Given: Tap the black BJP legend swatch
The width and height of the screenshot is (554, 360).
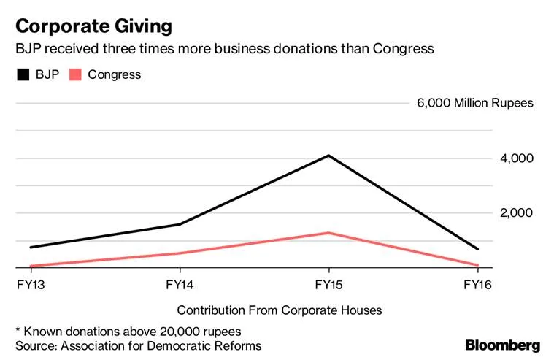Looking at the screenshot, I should coord(23,74).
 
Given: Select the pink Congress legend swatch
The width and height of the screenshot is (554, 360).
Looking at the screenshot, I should coord(76,74).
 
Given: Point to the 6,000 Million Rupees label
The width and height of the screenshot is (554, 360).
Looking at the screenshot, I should coord(475,103).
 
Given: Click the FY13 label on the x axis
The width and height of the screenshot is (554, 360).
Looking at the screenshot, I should coord(28,283).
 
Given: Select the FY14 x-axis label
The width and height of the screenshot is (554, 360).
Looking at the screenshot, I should coord(180,283).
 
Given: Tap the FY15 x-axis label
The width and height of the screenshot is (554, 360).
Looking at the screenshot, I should coord(328,283).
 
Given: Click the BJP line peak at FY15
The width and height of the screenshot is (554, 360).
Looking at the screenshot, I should coord(329,156).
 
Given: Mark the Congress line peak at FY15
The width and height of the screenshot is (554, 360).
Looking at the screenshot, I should coord(329,233).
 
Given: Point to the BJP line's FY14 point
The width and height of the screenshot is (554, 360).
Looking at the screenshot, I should coord(180,224).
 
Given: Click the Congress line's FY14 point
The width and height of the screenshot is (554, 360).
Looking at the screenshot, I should coord(180,253).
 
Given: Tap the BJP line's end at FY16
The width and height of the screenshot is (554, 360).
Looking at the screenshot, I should coord(478,249).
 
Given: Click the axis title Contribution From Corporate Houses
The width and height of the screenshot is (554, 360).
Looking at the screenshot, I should coord(279,310).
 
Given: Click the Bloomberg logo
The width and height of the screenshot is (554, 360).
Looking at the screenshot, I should coord(503,345).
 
